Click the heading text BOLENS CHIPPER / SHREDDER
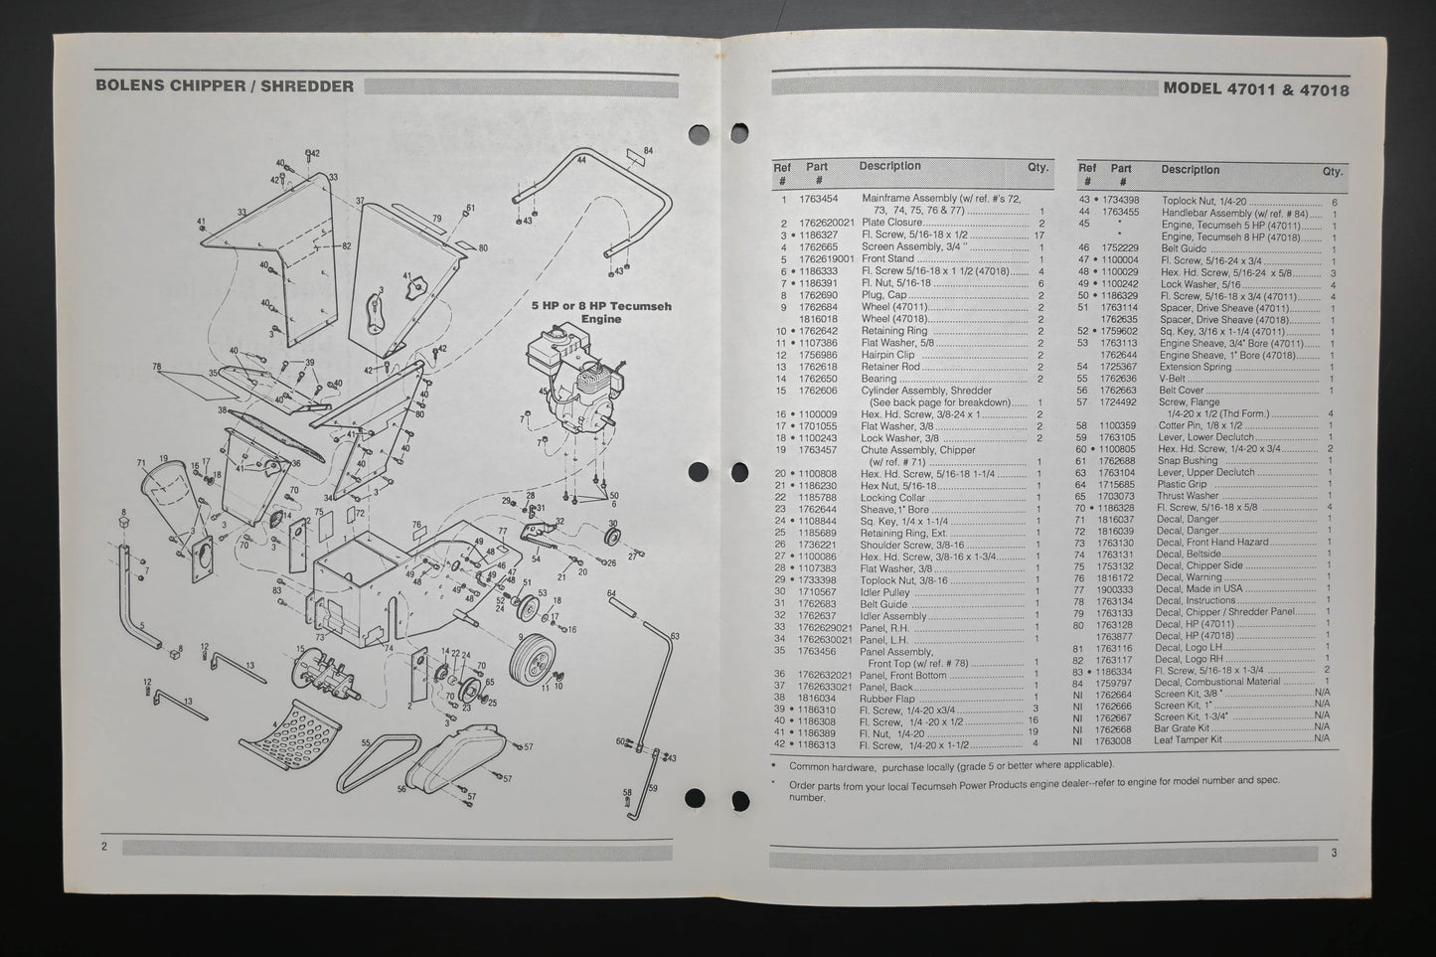click(225, 85)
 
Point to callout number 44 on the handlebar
click(580, 159)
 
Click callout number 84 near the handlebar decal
click(648, 151)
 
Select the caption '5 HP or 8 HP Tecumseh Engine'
click(600, 312)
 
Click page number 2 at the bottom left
click(103, 847)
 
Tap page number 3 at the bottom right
click(1335, 853)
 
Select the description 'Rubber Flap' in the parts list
click(886, 699)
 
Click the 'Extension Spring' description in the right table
click(1196, 367)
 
